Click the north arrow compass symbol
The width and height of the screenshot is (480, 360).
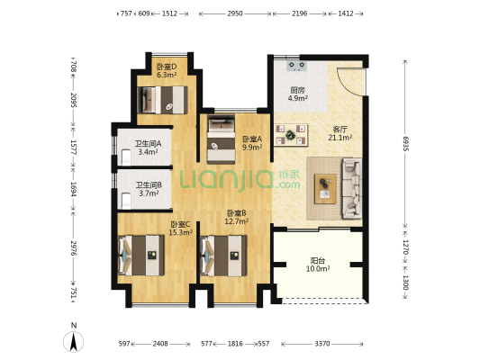click(74, 341)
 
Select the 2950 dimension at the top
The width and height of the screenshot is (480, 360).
click(235, 13)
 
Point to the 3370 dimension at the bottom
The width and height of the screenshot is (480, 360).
click(322, 344)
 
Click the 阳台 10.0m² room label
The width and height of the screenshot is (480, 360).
click(318, 265)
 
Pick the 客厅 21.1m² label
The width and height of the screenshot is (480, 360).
click(340, 133)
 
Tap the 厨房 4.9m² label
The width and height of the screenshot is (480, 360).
click(297, 94)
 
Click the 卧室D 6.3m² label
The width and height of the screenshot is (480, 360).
click(167, 71)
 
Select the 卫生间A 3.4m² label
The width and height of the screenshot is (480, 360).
click(149, 148)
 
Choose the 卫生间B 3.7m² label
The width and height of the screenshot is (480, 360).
click(149, 189)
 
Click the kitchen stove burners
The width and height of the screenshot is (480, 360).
click(297, 66)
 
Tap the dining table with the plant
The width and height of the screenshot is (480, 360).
click(291, 135)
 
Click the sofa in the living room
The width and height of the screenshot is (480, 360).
click(352, 188)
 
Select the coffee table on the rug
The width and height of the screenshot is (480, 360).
click(325, 189)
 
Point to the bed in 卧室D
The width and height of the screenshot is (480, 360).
click(162, 100)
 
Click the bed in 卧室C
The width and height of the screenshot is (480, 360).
click(141, 256)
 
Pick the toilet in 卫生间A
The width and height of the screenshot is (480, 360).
click(126, 157)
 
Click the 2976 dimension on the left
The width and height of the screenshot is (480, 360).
click(73, 248)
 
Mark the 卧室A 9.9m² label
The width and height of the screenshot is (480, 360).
click(252, 143)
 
